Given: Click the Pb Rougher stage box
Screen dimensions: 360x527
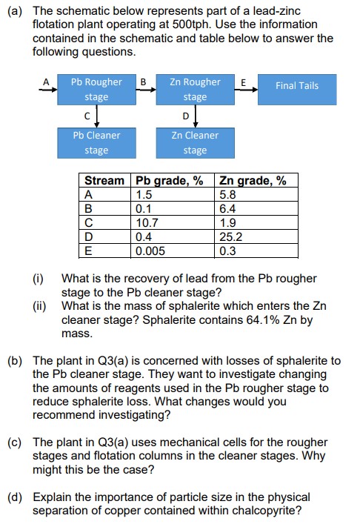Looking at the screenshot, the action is point(96,89).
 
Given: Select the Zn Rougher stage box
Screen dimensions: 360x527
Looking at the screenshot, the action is point(195,89).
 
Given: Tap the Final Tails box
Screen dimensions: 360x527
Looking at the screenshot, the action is point(296,86).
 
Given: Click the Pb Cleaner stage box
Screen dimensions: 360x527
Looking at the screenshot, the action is point(96,142).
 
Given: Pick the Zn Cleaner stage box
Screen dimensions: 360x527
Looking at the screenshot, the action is point(195,142).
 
